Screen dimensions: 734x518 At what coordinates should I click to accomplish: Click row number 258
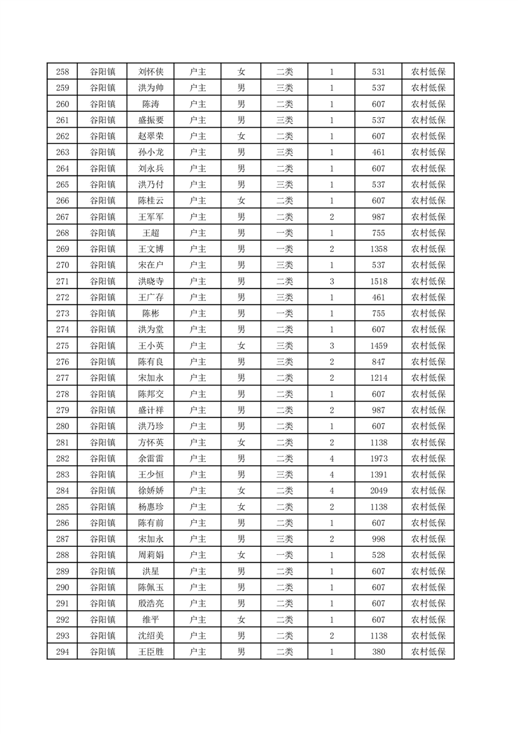point(63,72)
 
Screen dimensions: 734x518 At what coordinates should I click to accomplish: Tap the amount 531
point(378,72)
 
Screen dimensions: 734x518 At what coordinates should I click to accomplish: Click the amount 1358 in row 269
point(378,249)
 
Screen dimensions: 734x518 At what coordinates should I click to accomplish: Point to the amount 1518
point(378,281)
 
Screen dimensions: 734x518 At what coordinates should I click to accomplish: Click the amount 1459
point(378,345)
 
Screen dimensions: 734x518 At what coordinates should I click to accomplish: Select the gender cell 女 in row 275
point(241,345)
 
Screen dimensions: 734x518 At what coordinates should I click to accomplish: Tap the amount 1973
point(378,459)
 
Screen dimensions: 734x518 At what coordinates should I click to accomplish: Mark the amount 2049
point(378,491)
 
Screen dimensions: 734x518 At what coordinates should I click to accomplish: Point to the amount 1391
point(378,474)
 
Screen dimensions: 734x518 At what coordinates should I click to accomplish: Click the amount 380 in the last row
point(378,652)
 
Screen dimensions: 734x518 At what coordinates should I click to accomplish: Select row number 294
point(63,652)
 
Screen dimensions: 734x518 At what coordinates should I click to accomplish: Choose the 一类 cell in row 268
point(285,233)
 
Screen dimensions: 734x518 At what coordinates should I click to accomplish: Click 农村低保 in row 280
point(428,427)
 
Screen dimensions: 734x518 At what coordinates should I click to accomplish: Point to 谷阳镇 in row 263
point(103,152)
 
